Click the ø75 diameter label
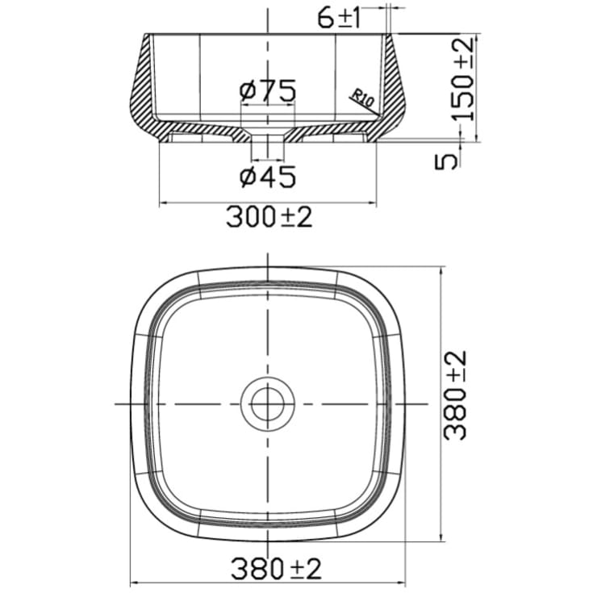pos(267,90)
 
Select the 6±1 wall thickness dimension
pos(339,19)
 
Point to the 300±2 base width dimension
pos(269,217)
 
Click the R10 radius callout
pos(360,98)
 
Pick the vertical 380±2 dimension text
pos(457,395)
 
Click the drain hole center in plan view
pos(267,403)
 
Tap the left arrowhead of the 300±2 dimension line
pos(164,203)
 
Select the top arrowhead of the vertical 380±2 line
pos(441,270)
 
